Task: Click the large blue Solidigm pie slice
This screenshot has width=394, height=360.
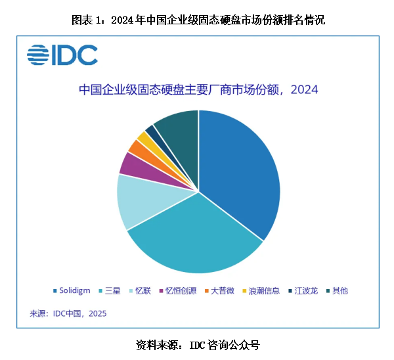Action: [240, 171]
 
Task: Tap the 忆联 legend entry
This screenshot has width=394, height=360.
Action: [141, 290]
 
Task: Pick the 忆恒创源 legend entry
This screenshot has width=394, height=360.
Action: [177, 290]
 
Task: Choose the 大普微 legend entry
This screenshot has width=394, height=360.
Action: [222, 290]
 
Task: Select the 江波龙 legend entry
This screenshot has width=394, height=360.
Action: [303, 290]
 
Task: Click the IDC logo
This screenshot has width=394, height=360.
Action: [62, 55]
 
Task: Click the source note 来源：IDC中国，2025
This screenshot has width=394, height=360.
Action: [68, 313]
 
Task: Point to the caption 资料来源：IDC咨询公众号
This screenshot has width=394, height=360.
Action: [198, 344]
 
